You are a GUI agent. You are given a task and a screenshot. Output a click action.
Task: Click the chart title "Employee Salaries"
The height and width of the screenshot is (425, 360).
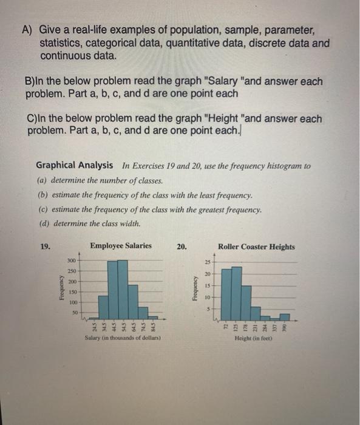point(121,246)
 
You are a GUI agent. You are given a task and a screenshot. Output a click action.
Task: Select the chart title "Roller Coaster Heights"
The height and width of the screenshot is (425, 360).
point(256,246)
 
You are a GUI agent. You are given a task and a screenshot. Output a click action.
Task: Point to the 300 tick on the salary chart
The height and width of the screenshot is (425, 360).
point(71,260)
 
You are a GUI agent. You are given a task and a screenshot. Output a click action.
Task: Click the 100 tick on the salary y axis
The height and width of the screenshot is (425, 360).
point(71,302)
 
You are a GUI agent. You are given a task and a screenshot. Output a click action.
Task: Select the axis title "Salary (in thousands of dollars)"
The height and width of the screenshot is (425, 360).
point(123,337)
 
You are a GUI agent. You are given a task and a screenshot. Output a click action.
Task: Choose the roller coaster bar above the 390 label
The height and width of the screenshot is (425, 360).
point(285,316)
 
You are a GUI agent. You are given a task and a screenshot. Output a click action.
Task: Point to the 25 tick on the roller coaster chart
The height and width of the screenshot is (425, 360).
point(206,262)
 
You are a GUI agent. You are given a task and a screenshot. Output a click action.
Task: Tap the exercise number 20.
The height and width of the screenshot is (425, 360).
point(182,247)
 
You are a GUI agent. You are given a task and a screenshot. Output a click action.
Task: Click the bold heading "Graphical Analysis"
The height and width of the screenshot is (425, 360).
point(74,165)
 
